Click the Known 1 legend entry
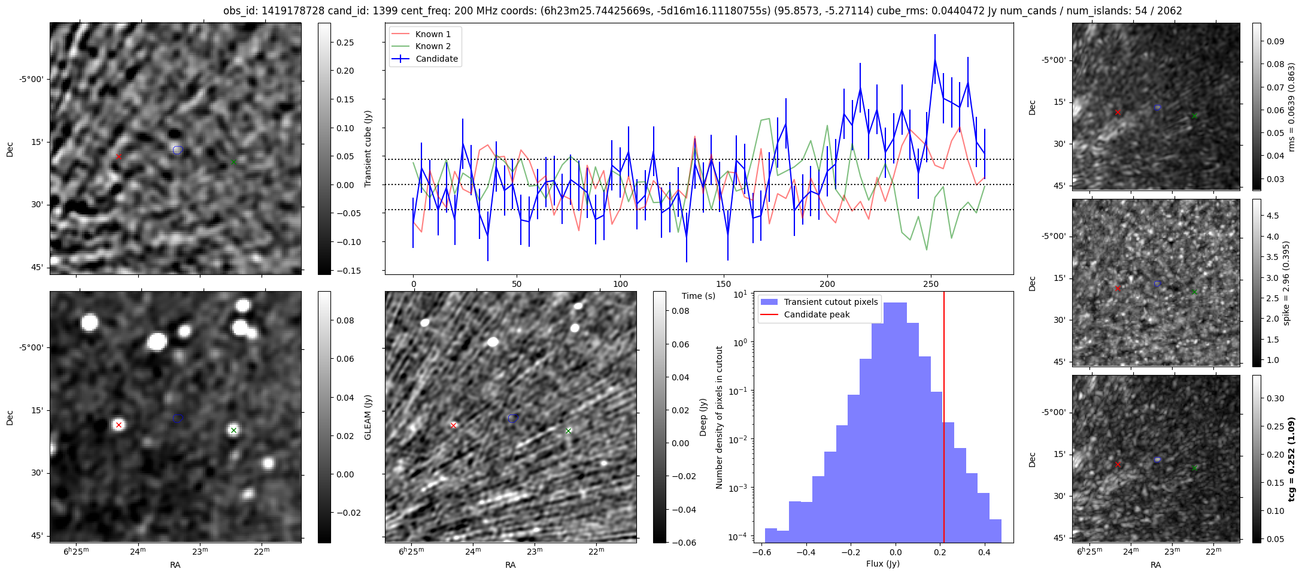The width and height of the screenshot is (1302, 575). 433,34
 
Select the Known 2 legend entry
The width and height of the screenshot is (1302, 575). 433,46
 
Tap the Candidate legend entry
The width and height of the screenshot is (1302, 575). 436,59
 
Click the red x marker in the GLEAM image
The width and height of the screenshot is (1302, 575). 119,425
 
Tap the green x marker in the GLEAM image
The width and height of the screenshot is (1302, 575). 234,430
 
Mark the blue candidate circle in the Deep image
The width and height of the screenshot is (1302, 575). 512,418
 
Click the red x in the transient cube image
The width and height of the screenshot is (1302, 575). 119,156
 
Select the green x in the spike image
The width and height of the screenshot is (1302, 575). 1194,292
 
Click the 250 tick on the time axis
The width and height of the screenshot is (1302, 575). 930,284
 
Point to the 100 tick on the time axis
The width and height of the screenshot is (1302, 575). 621,284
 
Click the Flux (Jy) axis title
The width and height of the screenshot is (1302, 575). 882,564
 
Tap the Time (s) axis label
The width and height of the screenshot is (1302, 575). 699,296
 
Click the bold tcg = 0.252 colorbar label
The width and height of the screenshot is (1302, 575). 1292,459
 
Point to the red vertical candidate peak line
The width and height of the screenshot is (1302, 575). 944,419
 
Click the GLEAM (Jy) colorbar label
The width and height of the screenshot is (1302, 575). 368,417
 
